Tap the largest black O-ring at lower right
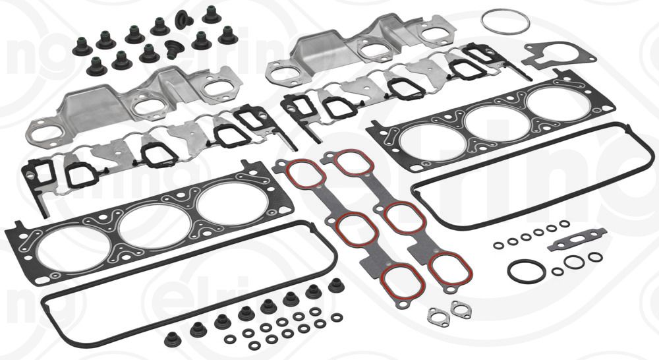pos(526,271)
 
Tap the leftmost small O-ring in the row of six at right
pos(499,245)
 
